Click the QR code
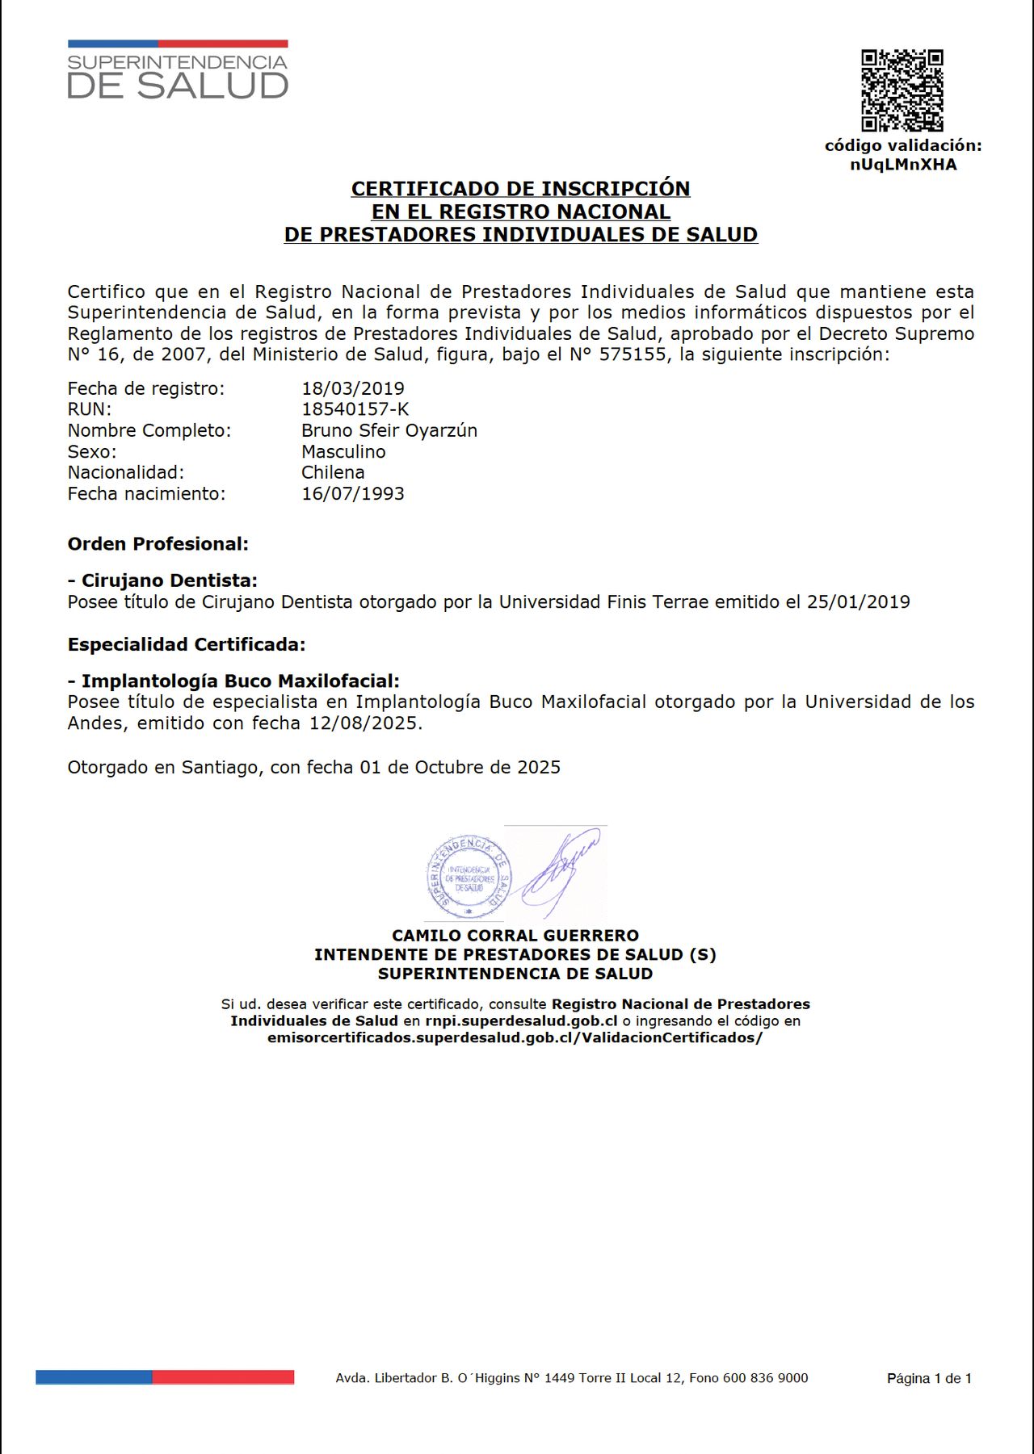click(902, 90)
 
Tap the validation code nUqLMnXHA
click(903, 165)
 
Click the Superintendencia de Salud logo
click(178, 70)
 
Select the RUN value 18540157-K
click(355, 409)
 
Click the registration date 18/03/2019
click(353, 388)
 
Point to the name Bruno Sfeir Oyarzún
click(389, 430)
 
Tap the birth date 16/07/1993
click(353, 493)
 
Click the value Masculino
click(343, 451)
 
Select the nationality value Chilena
click(333, 472)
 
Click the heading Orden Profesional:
click(158, 544)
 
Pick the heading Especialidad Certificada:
click(187, 644)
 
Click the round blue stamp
click(469, 878)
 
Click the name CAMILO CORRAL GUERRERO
click(515, 935)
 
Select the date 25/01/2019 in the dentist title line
click(858, 601)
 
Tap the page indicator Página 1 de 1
click(929, 1378)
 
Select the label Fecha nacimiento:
click(147, 493)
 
